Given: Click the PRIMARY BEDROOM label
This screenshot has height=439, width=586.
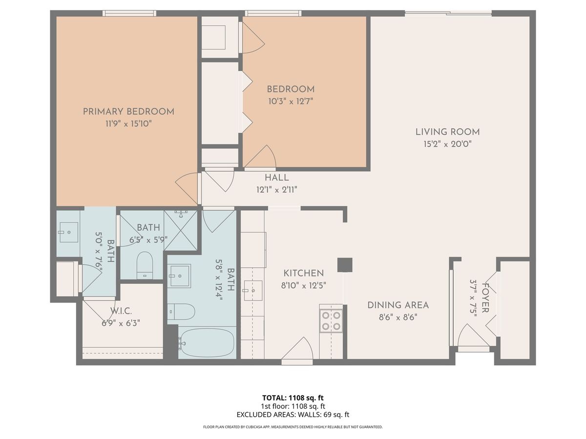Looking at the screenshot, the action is tap(128, 111).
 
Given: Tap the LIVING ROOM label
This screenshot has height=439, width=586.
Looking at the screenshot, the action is tap(447, 132).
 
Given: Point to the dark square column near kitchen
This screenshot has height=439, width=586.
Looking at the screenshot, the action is tap(345, 265).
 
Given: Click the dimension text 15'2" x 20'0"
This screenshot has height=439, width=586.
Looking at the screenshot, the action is tap(447, 144).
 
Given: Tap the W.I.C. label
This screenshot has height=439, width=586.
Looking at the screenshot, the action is tap(121, 311).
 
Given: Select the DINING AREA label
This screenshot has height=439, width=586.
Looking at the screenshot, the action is tap(398, 305).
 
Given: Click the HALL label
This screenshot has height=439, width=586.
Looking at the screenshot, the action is tap(276, 178).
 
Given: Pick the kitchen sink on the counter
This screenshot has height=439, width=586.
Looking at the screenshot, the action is tap(252, 291).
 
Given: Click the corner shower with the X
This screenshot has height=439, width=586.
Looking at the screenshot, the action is tap(181, 230).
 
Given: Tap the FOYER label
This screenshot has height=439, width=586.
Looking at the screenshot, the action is tap(485, 298).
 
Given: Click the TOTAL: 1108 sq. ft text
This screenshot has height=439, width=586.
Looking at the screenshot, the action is tap(293, 398).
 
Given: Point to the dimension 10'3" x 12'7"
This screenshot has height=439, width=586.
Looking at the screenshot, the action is tap(291, 101).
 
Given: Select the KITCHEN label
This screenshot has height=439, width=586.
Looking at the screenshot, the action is tap(304, 273).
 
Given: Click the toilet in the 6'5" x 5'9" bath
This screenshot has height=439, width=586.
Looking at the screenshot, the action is tap(145, 265).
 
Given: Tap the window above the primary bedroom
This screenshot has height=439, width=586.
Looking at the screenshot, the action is tap(129, 13).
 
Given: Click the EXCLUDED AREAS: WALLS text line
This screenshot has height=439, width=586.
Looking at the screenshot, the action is tap(293, 415).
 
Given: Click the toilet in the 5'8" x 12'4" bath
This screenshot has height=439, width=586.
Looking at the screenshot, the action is tap(182, 311).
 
